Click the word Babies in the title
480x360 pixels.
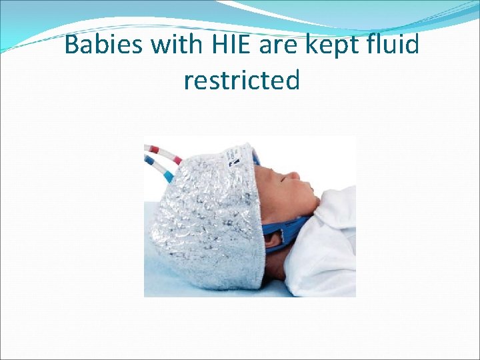coord(105,45)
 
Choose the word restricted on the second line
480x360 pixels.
coord(241,80)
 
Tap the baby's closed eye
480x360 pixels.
coord(286,177)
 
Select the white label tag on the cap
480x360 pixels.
coord(237,155)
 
